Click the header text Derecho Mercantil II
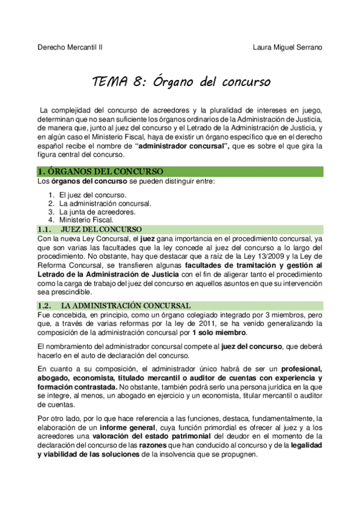pos(70,47)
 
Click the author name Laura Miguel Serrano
pos(288,47)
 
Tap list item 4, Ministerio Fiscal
pos(85,220)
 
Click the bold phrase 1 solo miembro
pos(219,333)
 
